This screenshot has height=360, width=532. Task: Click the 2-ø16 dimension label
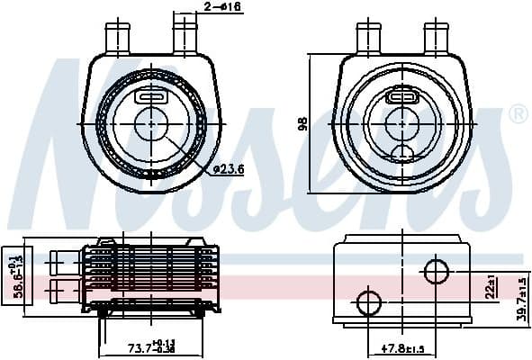point(222,8)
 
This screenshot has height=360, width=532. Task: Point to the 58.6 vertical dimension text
point(10,276)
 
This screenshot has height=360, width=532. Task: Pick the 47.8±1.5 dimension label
point(402,347)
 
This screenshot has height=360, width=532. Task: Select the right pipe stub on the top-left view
point(185,37)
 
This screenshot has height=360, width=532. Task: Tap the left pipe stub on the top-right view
point(367,37)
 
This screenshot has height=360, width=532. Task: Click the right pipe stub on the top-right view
point(438,37)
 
